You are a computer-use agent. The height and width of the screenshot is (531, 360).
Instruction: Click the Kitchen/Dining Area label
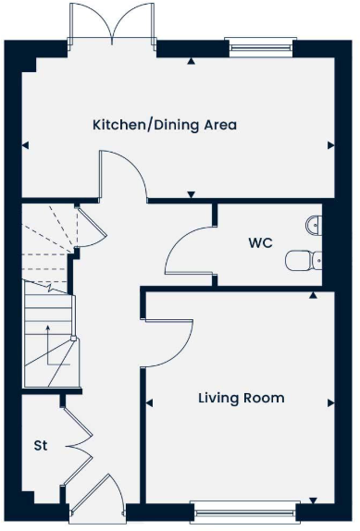tap(164, 124)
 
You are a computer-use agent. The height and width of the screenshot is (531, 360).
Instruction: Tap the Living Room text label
tap(241, 399)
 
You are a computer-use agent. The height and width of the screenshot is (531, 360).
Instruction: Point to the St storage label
tap(41, 446)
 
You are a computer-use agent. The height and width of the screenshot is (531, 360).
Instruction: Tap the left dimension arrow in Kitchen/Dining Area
tap(24, 144)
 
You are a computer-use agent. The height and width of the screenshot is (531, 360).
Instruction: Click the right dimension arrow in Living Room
tap(331, 403)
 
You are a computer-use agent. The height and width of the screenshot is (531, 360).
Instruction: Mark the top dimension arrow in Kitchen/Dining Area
tap(191, 62)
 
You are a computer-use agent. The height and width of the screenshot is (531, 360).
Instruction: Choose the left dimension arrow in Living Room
tap(147, 403)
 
